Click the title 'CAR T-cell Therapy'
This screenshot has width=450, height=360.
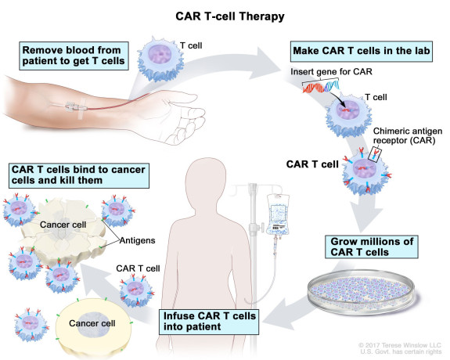(x=225, y=15)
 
